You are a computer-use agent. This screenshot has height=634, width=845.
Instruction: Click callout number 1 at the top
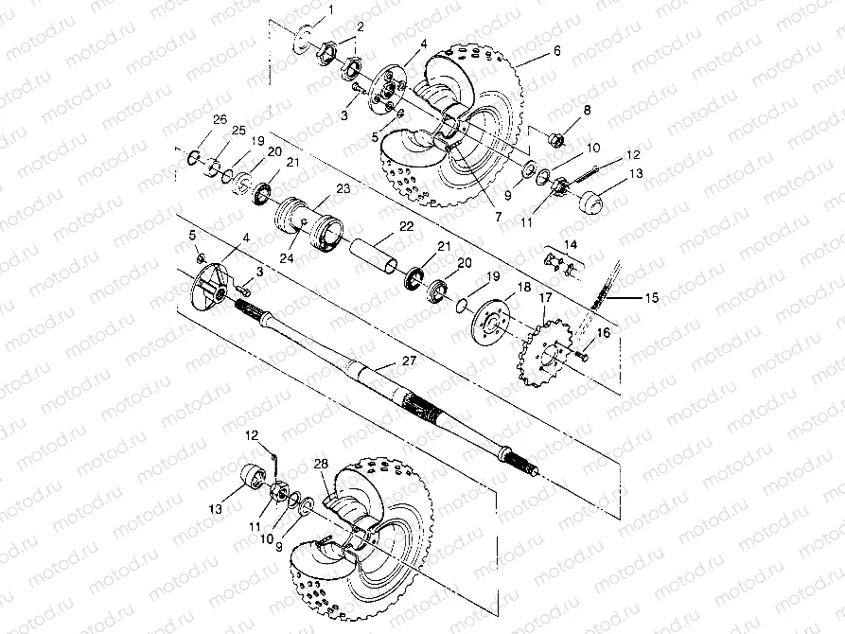330,11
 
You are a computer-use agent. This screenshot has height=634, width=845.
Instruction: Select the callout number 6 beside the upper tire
557,51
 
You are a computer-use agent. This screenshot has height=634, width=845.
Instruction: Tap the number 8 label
587,111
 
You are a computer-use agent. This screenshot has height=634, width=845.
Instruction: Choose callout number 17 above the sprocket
544,298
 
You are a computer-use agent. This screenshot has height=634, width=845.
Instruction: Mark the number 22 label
406,226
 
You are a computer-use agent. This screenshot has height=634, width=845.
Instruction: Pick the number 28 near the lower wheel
321,464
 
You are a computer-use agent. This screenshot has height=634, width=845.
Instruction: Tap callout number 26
220,119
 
